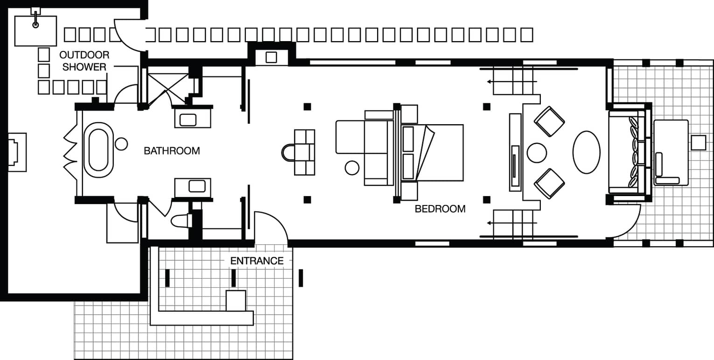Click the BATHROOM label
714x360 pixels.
tap(172, 151)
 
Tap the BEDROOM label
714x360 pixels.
tap(440, 209)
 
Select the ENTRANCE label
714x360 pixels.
tap(257, 261)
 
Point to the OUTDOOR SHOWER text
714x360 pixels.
tap(84, 61)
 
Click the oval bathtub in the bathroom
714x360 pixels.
tap(98, 150)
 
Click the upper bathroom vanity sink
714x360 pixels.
tap(188, 120)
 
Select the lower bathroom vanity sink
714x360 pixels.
tap(197, 186)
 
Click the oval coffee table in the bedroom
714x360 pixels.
tap(586, 152)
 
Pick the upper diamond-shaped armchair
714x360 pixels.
tap(549, 121)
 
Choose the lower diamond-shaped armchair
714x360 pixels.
tap(549, 184)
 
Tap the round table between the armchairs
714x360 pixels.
tap(537, 153)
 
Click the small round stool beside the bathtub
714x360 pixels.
tap(121, 144)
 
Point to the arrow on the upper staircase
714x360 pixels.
tap(512, 82)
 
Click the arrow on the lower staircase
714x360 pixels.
tap(512, 223)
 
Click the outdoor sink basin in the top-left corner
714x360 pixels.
tap(35, 31)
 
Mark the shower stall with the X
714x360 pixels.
tap(168, 89)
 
